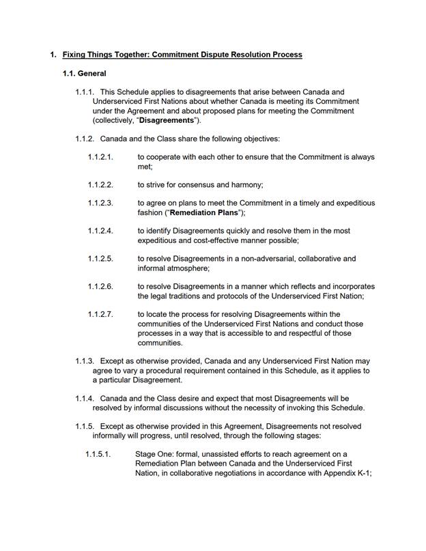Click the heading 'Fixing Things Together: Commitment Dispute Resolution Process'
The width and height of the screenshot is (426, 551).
click(182, 55)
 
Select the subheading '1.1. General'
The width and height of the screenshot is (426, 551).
click(83, 73)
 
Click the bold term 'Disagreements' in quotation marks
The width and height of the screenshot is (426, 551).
click(165, 120)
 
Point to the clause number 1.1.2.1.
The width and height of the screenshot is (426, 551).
click(100, 157)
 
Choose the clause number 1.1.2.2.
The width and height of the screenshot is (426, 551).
click(100, 185)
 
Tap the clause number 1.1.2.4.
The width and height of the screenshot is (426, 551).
click(100, 231)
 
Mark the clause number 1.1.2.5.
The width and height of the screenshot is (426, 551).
click(100, 259)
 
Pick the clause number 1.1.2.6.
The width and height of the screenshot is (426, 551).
click(100, 287)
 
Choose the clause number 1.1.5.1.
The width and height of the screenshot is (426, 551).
click(98, 454)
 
